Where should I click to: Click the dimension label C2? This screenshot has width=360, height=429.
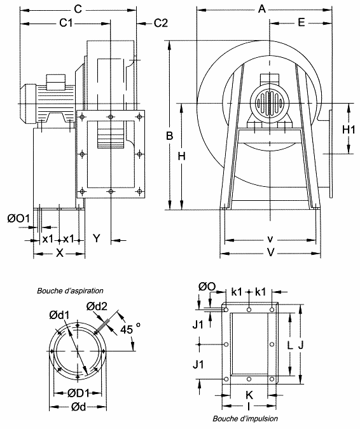click(x=161, y=24)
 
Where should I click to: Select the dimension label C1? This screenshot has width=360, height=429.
click(x=67, y=24)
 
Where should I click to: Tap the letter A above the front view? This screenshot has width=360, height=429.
click(x=262, y=10)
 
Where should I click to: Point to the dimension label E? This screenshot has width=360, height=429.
click(x=301, y=22)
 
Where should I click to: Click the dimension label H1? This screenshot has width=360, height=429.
click(x=349, y=129)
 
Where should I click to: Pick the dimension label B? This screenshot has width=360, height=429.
click(x=170, y=136)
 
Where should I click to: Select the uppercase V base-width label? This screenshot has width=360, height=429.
click(x=270, y=252)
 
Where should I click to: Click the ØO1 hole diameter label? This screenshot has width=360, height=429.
click(x=18, y=219)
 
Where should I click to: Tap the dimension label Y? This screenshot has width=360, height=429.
click(x=97, y=238)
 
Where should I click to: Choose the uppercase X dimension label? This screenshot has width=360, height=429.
click(x=60, y=253)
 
